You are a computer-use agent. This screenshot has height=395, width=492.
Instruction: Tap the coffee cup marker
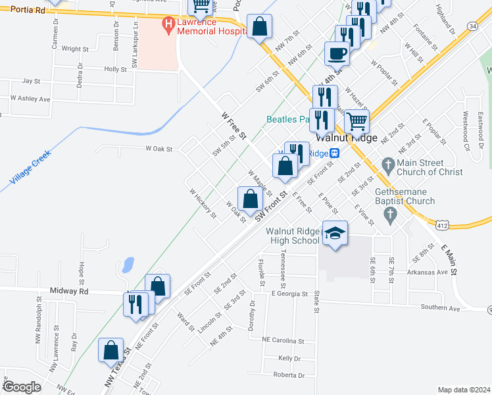coord(337,53)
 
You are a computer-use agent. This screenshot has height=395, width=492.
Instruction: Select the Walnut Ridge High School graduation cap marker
coord(335,233)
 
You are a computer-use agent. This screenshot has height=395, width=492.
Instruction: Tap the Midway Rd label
coord(69,290)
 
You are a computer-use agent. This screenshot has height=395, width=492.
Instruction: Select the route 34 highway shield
coord(473,25)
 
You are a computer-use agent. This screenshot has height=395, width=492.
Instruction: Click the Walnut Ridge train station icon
coord(335,153)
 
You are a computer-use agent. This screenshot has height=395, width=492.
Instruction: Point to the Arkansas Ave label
coord(426,272)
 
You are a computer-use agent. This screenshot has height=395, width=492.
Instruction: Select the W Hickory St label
coord(203,203)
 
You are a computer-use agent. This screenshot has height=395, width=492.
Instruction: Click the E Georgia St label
coord(289,295)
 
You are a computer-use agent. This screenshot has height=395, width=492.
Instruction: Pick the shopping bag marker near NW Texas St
coord(111,351)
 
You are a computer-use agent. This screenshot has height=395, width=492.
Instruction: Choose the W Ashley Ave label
coord(30,99)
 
